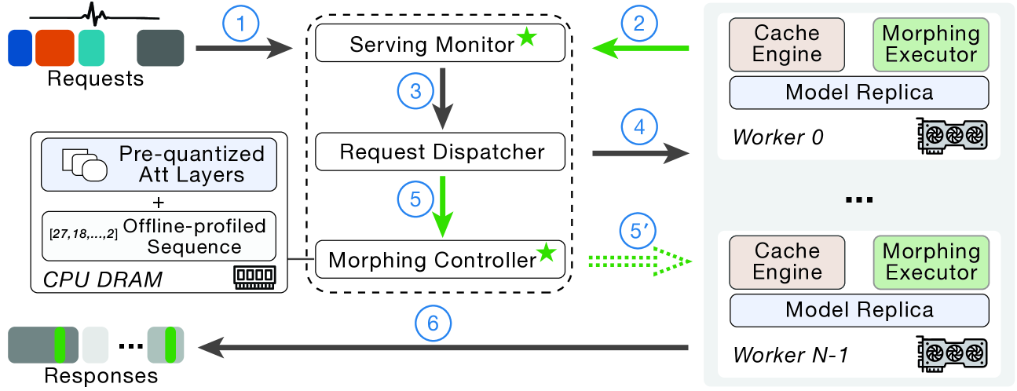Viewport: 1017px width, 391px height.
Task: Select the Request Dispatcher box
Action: point(440,152)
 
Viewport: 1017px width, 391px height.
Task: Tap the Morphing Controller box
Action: point(440,258)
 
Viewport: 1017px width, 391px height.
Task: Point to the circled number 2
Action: point(638,24)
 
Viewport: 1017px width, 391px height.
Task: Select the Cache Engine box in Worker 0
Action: point(787,45)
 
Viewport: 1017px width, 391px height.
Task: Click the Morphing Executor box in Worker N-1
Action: point(931,262)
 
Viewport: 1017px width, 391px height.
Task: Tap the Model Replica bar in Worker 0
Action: point(858,93)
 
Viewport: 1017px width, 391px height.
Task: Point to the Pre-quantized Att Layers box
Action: point(159,164)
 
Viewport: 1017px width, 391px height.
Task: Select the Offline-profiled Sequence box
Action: point(159,236)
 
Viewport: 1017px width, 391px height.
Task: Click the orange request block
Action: point(54,47)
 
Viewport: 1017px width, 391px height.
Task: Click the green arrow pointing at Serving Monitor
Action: point(640,49)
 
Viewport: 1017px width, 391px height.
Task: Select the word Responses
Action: point(101,375)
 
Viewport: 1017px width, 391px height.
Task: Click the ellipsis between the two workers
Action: point(859,200)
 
